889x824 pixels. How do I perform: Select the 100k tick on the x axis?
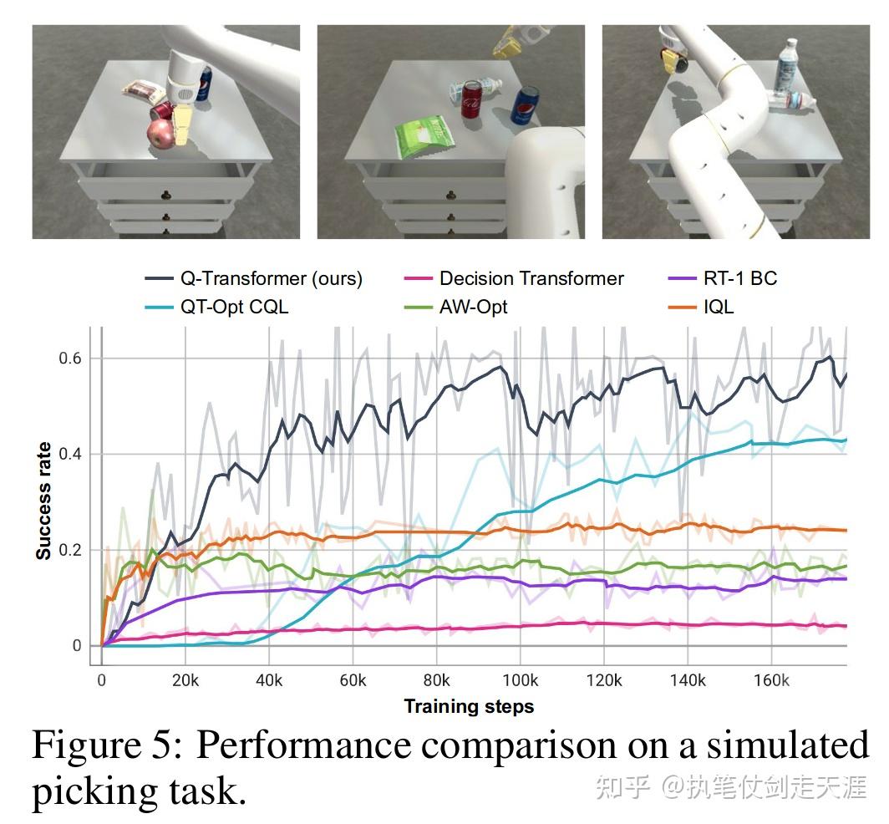[x=520, y=680]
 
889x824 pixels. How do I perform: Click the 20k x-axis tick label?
[x=185, y=680]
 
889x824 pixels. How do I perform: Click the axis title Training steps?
[x=469, y=707]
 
